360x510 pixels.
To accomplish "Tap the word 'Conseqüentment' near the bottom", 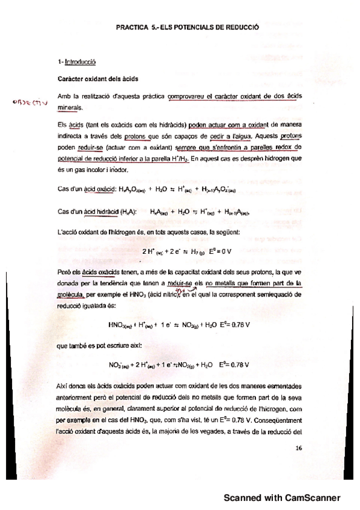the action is pyautogui.click(x=275, y=420).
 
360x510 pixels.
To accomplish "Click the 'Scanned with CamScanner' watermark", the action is pyautogui.click(x=282, y=497).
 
